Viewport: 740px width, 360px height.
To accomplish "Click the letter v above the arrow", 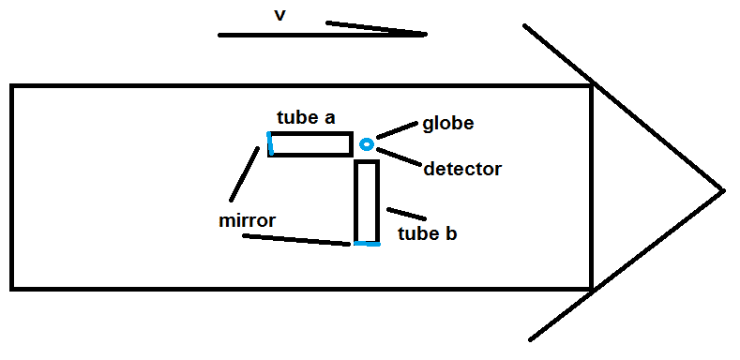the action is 279,15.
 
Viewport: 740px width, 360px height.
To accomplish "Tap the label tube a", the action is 307,117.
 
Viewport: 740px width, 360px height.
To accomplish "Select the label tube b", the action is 428,233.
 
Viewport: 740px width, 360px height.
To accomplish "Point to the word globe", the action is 448,123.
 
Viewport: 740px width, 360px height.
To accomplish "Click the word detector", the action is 462,169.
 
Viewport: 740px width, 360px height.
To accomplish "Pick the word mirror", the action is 247,220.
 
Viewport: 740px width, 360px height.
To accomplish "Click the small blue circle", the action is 367,144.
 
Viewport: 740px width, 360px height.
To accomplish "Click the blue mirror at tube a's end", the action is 269,142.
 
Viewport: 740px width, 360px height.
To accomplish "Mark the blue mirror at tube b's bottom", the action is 367,244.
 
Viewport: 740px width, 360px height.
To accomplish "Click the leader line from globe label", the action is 398,130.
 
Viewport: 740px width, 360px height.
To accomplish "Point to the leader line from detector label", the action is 399,157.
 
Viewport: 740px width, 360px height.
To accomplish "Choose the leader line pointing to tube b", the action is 406,214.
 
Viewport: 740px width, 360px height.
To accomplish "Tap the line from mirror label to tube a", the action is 244,174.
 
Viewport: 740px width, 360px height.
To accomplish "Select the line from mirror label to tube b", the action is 296,240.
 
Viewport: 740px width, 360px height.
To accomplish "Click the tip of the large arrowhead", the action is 723,190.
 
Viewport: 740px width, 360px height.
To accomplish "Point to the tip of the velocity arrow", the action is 426,34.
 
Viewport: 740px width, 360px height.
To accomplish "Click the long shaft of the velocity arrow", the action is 323,35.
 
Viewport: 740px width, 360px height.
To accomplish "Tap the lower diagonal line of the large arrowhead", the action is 627,265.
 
